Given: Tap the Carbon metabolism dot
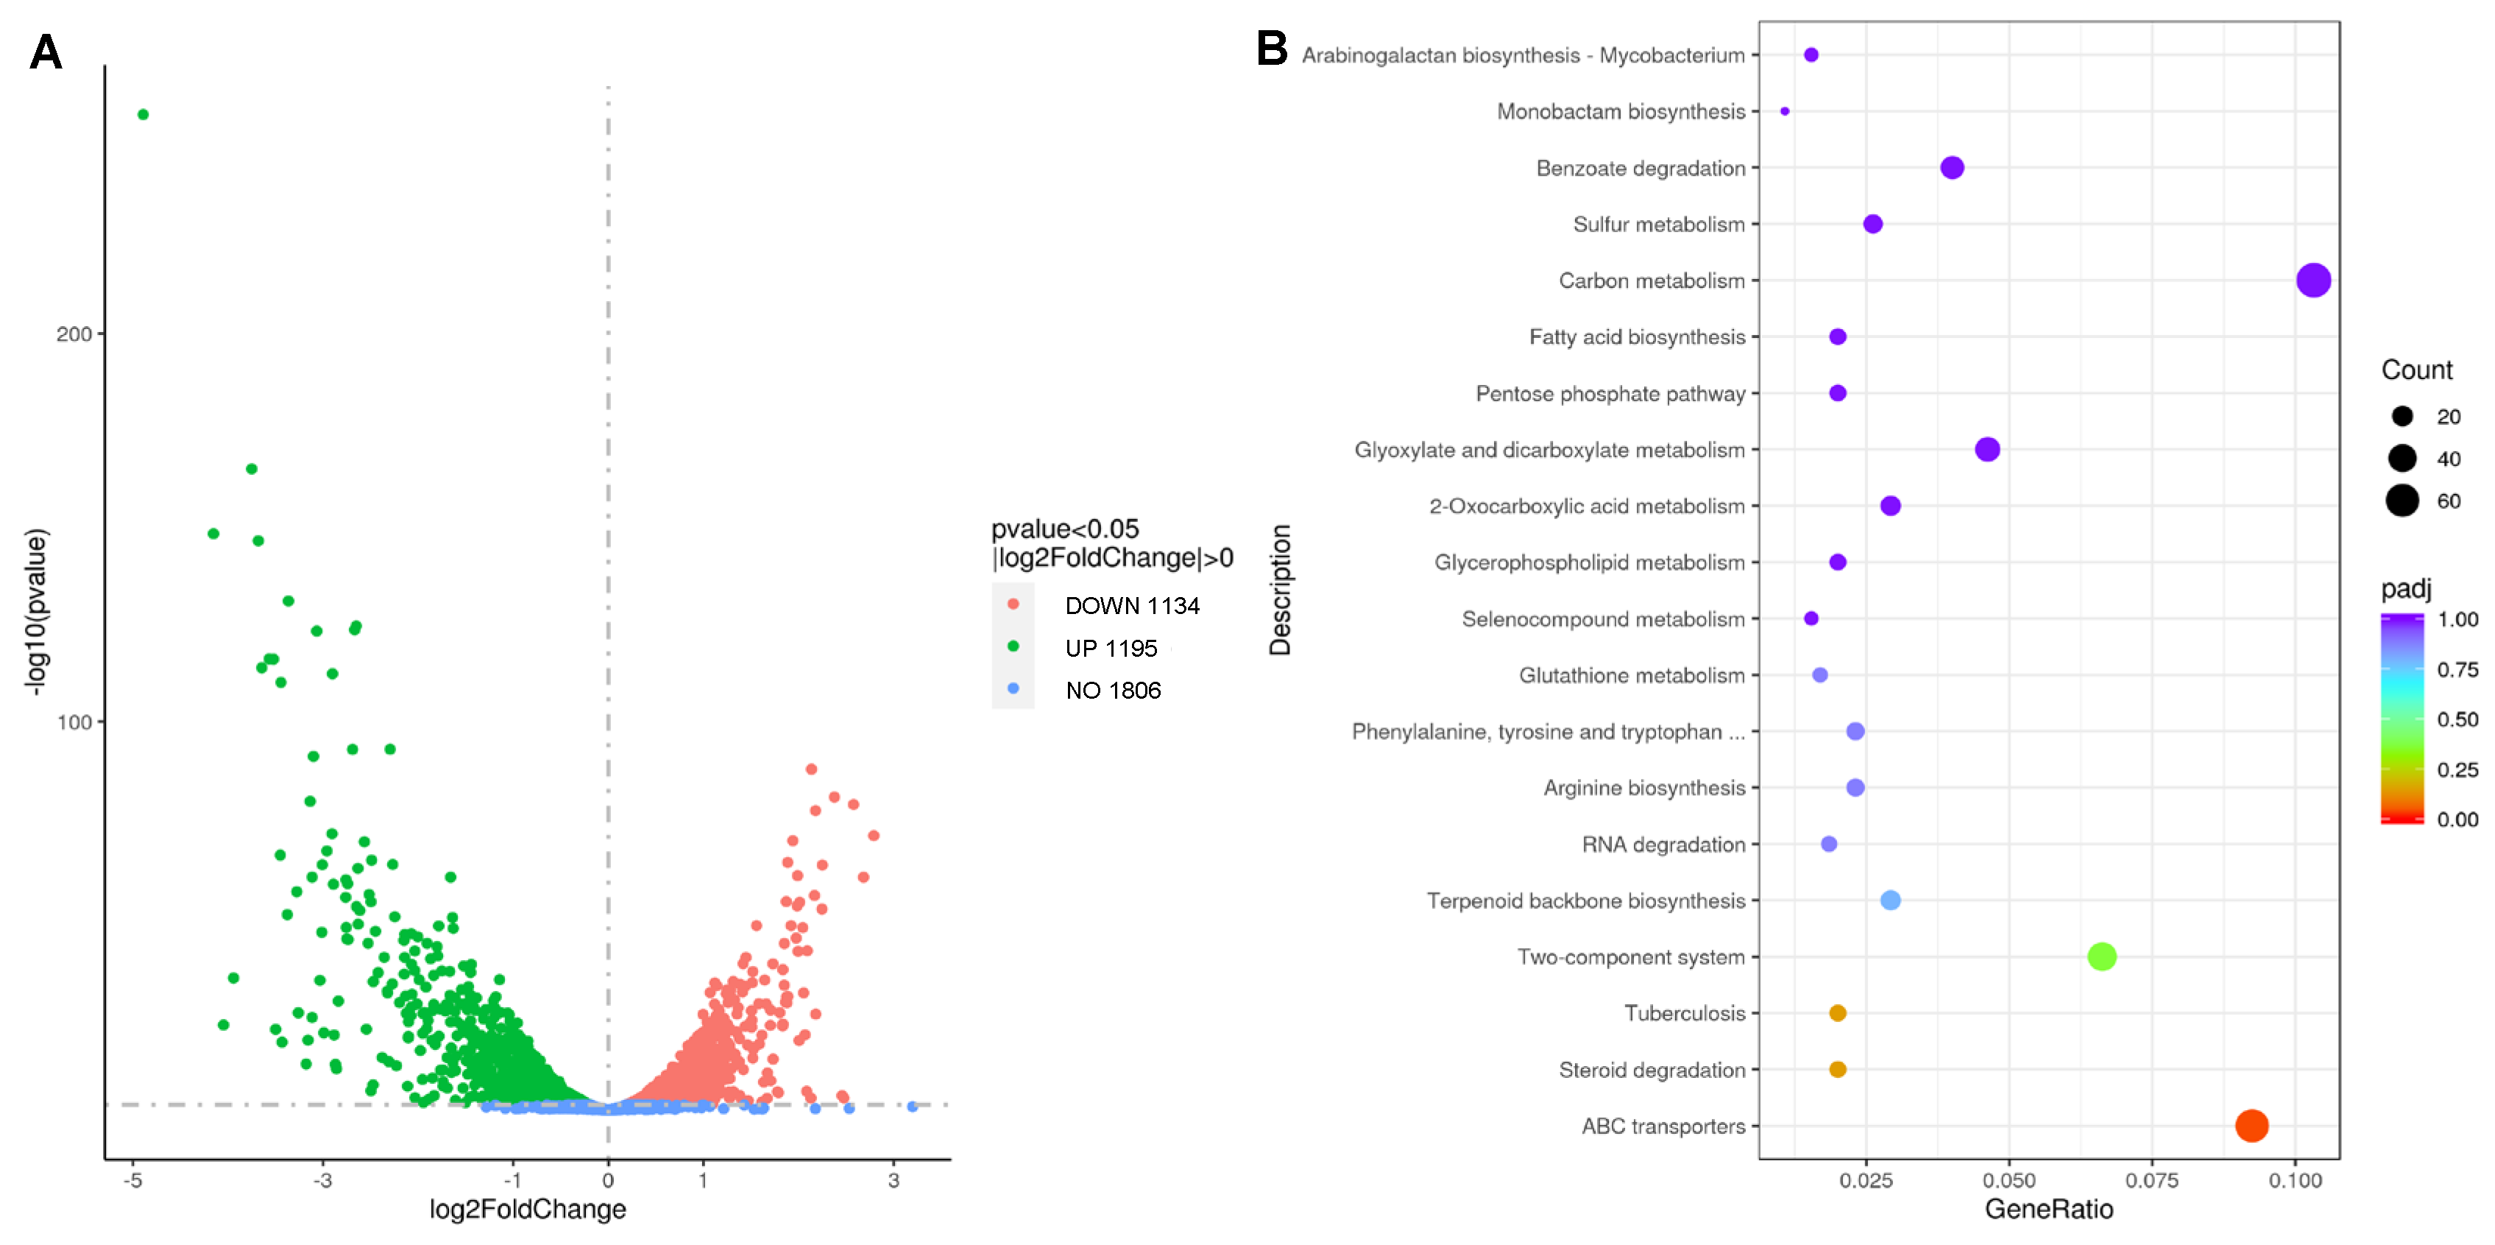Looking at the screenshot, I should point(2313,281).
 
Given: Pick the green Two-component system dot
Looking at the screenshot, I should point(2101,956).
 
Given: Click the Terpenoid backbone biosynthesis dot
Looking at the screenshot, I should point(1890,900).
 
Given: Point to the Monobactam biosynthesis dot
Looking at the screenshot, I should point(1784,111).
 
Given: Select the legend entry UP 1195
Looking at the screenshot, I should point(1110,648).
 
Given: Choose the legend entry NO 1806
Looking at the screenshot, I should point(1112,690).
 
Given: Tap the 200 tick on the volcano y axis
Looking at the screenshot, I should point(74,334).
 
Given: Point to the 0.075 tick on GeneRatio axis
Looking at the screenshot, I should point(2151,1180).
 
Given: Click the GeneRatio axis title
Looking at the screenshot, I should point(2048,1209).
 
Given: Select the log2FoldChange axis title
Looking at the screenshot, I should point(528,1209).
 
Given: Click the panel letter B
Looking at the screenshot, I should point(1272,49).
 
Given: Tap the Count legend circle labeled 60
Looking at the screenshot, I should point(2402,501).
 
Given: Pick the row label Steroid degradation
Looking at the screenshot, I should point(1652,1070).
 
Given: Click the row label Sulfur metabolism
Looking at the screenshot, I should point(1658,225).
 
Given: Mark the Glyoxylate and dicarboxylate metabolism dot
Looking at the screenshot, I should point(1986,450).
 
